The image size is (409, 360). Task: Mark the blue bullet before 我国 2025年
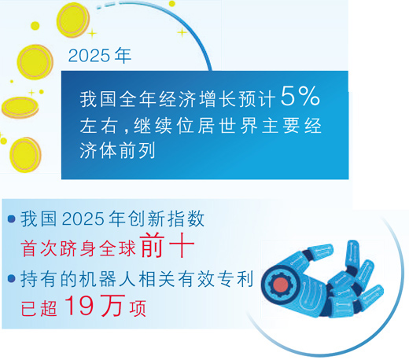pos(10,219)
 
